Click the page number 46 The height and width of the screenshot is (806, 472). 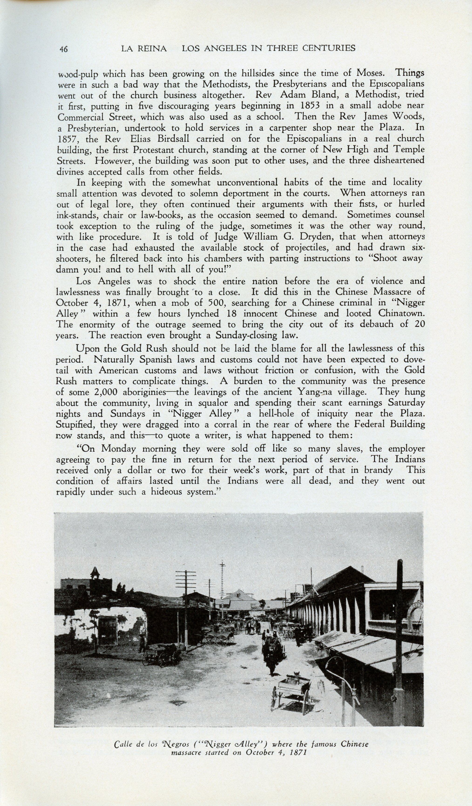pyautogui.click(x=63, y=49)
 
